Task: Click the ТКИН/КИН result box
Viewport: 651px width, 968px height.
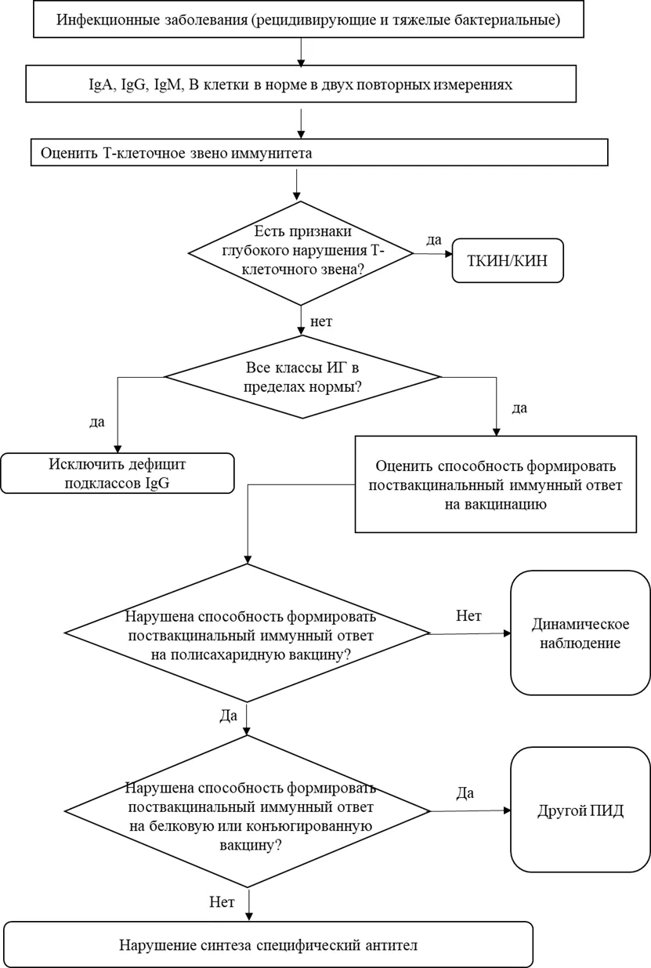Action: click(508, 260)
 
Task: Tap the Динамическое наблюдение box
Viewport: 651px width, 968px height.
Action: click(580, 633)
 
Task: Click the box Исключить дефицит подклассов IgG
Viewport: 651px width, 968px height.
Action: click(117, 473)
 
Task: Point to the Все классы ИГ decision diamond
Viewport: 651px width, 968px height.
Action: click(302, 377)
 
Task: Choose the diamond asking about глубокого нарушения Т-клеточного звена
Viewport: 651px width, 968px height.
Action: click(301, 253)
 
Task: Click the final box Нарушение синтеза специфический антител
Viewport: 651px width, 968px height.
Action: click(268, 945)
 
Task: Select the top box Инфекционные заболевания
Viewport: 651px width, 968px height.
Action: click(309, 20)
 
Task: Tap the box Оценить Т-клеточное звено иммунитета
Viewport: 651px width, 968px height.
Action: click(320, 153)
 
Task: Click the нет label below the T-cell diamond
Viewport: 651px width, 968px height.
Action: click(321, 322)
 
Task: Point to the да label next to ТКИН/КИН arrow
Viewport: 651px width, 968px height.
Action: click(434, 241)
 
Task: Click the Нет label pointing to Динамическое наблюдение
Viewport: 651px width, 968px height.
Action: click(468, 616)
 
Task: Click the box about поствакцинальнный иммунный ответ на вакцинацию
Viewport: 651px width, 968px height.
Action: click(495, 484)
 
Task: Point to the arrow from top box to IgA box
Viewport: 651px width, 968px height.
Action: click(302, 53)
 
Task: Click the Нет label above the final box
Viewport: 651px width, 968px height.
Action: click(222, 902)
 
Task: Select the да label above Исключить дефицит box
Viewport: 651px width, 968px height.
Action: click(97, 422)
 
